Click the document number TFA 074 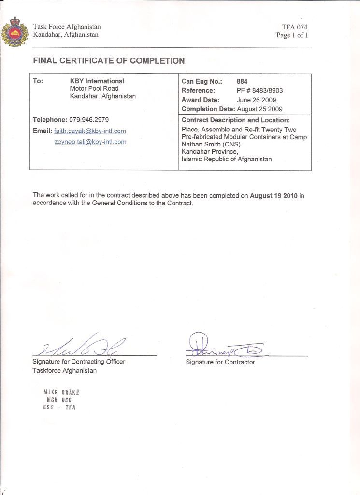(295, 27)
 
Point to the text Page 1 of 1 (292, 35)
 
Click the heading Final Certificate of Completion (109, 61)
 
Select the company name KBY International (97, 81)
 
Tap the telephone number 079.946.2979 (91, 119)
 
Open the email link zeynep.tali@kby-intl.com (90, 142)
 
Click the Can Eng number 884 (242, 82)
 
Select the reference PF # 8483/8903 (259, 90)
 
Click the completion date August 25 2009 (259, 109)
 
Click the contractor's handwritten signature (222, 346)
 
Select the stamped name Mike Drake (61, 393)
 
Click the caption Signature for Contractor (220, 362)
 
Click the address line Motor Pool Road (94, 88)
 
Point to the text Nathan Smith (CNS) (211, 144)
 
